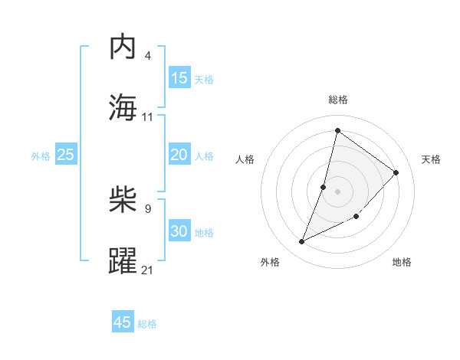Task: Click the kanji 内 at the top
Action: coord(123,47)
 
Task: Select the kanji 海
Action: coord(123,108)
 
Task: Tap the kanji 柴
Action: coord(123,200)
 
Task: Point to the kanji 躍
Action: coord(123,260)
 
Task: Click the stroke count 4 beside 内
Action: coord(148,56)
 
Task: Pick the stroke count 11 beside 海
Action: coord(148,116)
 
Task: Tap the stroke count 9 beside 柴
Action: coord(148,208)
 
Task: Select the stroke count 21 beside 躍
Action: coord(148,269)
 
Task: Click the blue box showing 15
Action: coord(179,78)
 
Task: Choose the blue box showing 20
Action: coord(179,155)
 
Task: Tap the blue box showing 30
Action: coord(179,231)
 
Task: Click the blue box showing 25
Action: coord(66,155)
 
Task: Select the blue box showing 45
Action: coord(123,322)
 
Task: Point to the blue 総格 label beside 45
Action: coord(147,324)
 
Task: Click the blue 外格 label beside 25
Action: coord(41,156)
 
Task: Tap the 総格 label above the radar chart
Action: coord(338,100)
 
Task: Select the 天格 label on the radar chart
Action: coord(432,159)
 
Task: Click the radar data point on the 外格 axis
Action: coord(302,242)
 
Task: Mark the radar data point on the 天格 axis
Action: coord(396,172)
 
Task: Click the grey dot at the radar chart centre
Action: coord(338,191)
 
